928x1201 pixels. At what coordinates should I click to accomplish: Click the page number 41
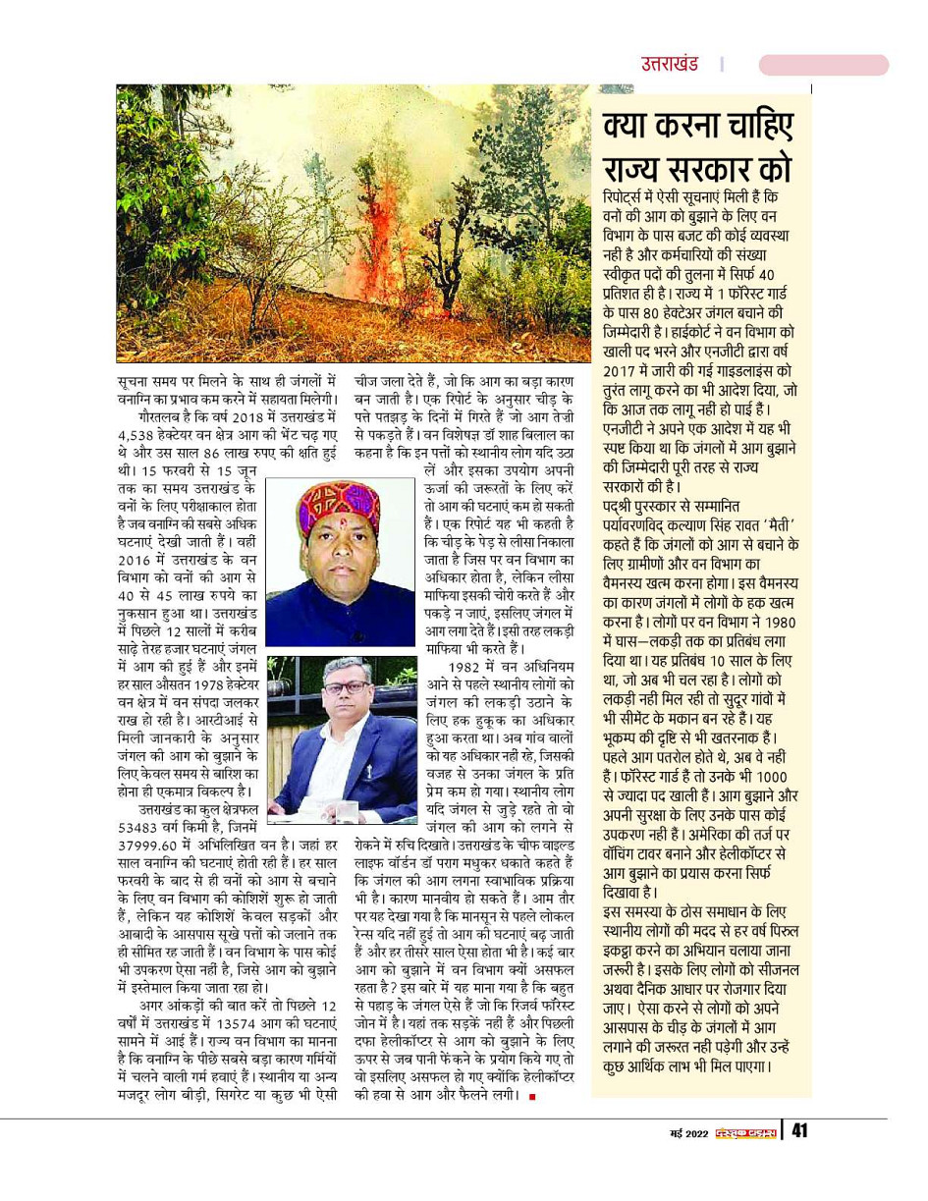(x=798, y=1131)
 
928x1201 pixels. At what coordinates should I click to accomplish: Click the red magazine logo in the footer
(x=743, y=1132)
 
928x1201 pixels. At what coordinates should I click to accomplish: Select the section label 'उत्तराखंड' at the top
(x=670, y=65)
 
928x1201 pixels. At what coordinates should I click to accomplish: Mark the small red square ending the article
(x=532, y=1095)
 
